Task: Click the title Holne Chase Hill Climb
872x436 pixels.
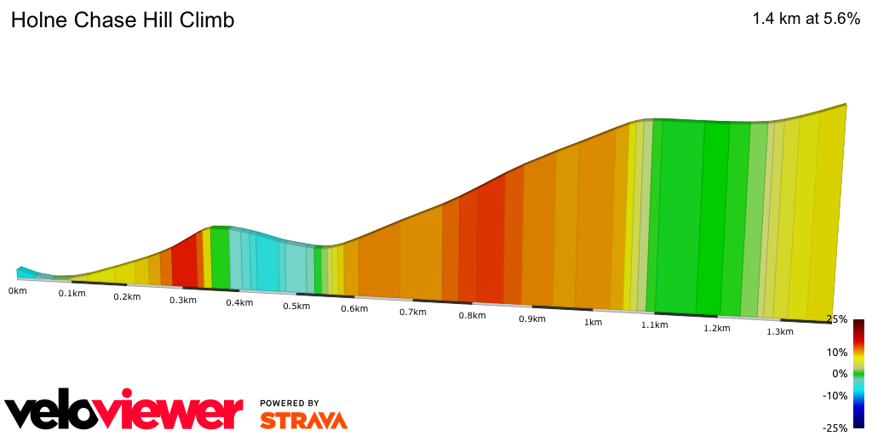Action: [x=123, y=20]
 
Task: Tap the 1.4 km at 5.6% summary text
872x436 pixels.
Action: [x=806, y=20]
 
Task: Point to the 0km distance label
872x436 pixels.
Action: [x=17, y=290]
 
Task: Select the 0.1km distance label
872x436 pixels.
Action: [x=72, y=294]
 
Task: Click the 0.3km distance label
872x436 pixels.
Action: [x=182, y=300]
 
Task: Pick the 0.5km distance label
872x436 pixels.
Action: [x=296, y=306]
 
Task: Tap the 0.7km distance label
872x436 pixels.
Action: [x=412, y=312]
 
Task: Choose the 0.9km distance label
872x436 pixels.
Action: [x=531, y=318]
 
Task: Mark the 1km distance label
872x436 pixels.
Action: [x=593, y=322]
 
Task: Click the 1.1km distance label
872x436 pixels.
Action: [x=654, y=325]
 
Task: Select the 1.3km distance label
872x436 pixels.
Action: [x=779, y=331]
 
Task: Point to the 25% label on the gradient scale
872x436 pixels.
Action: [x=838, y=319]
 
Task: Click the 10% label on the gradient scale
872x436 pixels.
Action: [x=838, y=352]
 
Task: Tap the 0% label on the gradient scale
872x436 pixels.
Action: [x=840, y=373]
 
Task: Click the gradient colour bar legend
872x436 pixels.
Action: [x=859, y=373]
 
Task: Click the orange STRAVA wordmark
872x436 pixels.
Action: [x=304, y=420]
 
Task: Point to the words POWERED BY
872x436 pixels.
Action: [x=290, y=404]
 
